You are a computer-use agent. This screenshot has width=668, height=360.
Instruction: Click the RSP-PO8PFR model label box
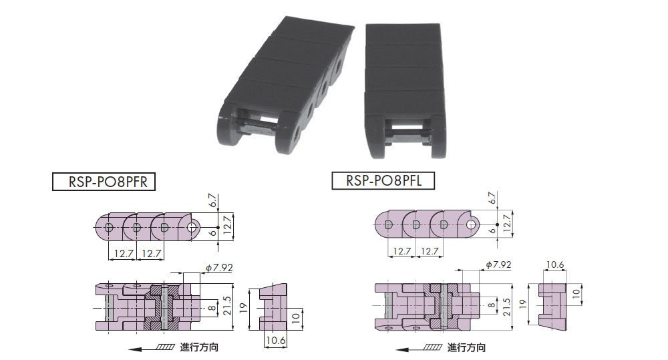(x=104, y=182)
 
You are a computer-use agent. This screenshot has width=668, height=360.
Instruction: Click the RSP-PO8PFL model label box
(x=383, y=180)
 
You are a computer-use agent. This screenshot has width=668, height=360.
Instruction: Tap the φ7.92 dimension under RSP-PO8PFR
(x=219, y=268)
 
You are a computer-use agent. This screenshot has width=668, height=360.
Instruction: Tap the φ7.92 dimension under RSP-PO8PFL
(x=498, y=264)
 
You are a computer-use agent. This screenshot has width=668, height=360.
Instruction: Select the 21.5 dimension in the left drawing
(x=227, y=306)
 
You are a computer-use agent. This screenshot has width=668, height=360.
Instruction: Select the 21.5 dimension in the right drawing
(x=506, y=307)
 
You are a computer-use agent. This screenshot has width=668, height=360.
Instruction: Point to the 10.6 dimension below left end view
(x=276, y=341)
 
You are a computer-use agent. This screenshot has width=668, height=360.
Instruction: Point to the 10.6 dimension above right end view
(x=555, y=265)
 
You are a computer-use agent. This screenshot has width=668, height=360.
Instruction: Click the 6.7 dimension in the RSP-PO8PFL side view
(x=492, y=198)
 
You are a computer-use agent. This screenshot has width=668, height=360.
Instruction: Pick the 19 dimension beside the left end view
(x=243, y=308)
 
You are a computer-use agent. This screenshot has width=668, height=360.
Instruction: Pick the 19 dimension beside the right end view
(x=523, y=304)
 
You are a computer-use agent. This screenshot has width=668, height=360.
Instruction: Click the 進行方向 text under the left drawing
(x=199, y=347)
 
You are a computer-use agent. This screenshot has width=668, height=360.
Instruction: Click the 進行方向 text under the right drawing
(x=466, y=348)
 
